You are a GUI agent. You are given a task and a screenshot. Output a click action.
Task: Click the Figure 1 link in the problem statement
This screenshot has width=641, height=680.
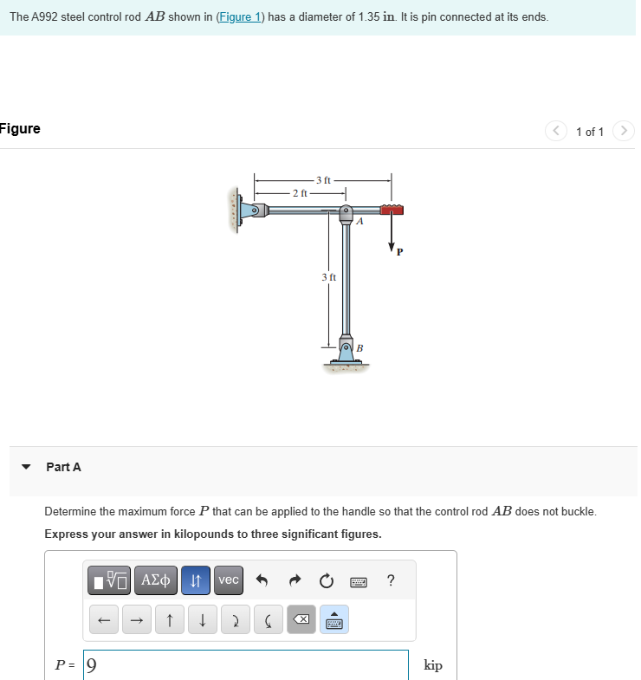(x=239, y=17)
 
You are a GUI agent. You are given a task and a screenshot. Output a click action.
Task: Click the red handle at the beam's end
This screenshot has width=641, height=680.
(x=392, y=210)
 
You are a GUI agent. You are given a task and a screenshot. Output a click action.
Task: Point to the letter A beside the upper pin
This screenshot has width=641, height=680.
(x=360, y=222)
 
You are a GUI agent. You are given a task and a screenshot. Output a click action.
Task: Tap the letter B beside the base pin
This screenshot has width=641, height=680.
(x=359, y=348)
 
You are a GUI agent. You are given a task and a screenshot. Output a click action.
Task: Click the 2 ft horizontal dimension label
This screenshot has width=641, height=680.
(x=300, y=192)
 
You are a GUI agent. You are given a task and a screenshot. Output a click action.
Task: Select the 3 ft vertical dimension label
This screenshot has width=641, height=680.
(x=328, y=277)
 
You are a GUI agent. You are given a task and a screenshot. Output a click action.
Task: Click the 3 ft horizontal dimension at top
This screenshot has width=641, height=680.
(x=323, y=179)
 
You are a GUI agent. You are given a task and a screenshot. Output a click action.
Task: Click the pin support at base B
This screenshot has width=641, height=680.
(x=346, y=351)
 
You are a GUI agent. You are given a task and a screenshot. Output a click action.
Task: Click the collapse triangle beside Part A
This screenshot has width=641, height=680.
(x=26, y=467)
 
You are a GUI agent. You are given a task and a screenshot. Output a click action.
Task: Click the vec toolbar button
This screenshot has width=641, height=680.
(x=229, y=580)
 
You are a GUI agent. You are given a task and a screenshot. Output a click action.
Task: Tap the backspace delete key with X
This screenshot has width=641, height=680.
(x=301, y=620)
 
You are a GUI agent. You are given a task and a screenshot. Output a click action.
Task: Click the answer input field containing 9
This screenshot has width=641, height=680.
(x=246, y=665)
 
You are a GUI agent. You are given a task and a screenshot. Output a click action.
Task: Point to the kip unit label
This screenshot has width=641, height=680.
(x=433, y=665)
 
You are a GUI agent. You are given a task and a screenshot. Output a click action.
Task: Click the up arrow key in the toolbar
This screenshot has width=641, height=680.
(x=170, y=620)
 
